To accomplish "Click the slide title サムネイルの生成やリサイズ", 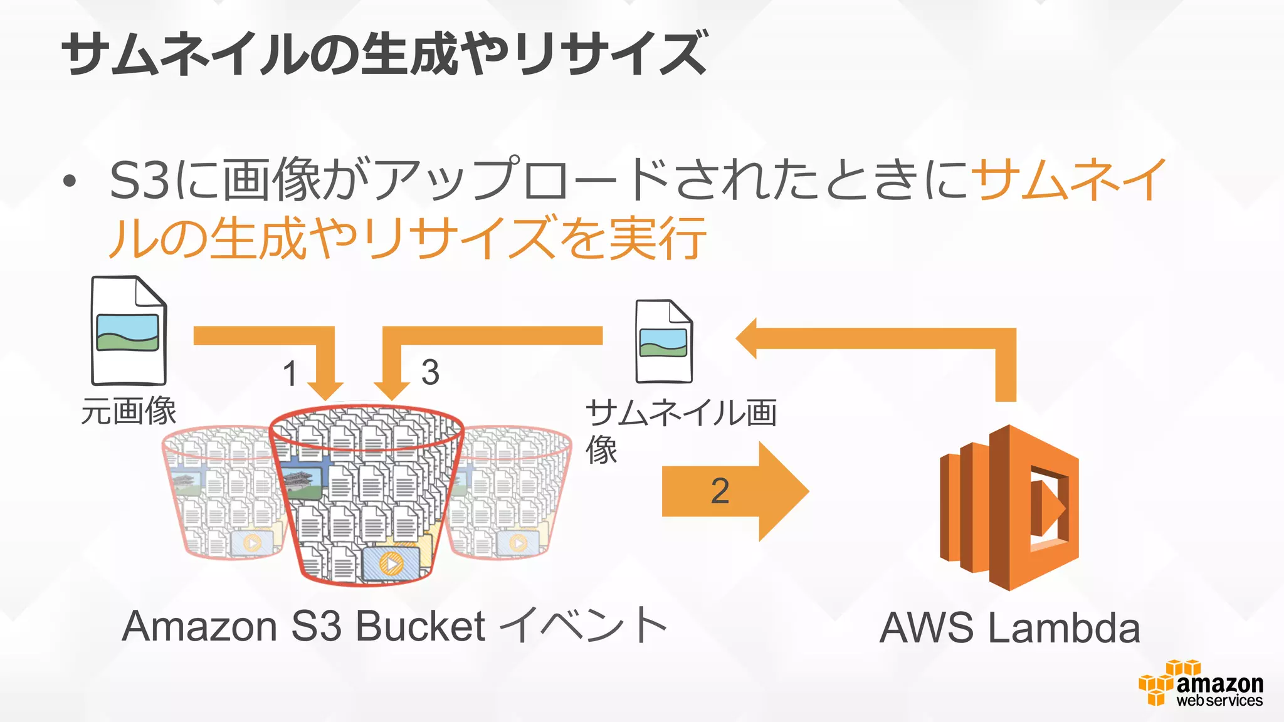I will [x=384, y=54].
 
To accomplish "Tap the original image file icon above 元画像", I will [x=129, y=331].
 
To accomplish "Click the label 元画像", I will [x=129, y=412].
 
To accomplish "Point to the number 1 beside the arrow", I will [x=289, y=374].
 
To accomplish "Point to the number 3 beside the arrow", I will [x=430, y=372].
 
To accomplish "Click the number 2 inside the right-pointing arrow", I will [x=720, y=491].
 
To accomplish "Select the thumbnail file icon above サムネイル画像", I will [x=663, y=342].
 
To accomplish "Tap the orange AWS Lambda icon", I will [x=1008, y=508].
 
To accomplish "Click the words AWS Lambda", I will [x=1009, y=628].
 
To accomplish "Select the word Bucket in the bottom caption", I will [x=420, y=626].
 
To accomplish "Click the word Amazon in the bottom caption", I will [x=199, y=626].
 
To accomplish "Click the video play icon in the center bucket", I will [x=392, y=564].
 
